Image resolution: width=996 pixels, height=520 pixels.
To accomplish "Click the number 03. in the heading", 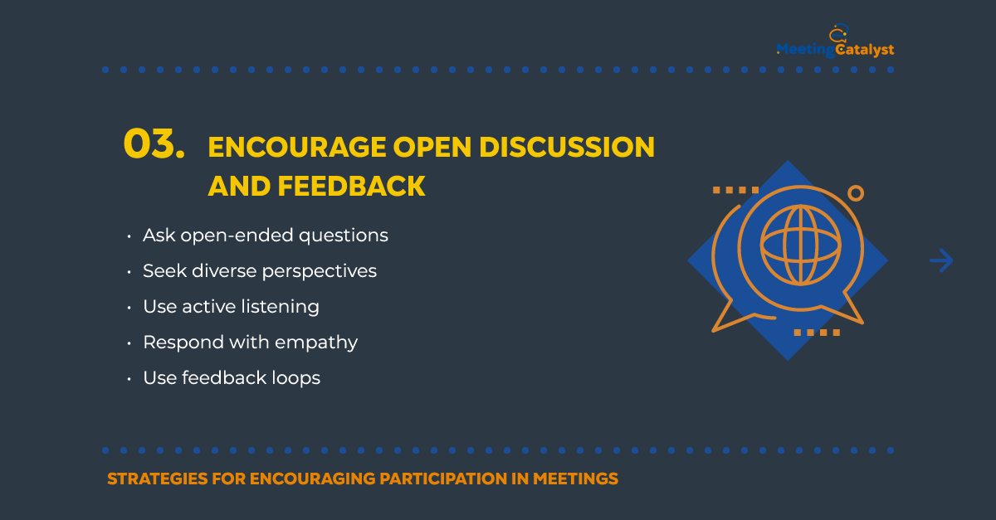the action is [154, 143].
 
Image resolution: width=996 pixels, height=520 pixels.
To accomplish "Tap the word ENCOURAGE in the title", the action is [297, 147].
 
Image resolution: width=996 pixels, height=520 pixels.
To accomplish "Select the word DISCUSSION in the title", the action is [567, 147].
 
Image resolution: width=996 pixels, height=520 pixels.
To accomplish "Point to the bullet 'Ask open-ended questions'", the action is [266, 236].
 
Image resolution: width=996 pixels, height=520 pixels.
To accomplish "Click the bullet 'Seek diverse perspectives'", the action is [260, 271].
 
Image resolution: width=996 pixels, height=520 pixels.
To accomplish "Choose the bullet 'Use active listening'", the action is [232, 307].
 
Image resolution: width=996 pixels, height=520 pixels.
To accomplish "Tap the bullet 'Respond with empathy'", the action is [251, 343].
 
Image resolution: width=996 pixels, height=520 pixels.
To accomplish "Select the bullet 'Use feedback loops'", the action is [232, 378].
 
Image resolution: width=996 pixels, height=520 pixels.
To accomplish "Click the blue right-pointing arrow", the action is [941, 260].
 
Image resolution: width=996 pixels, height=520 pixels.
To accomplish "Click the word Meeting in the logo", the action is [806, 50].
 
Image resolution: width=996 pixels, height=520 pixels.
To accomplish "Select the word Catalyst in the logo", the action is [865, 50].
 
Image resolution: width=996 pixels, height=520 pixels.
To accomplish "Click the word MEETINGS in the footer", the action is [575, 479].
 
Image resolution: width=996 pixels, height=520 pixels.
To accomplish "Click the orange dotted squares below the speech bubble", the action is [817, 333].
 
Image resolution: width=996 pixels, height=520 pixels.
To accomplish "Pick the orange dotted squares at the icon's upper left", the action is [736, 190].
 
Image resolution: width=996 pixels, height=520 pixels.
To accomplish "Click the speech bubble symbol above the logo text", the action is [838, 33].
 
